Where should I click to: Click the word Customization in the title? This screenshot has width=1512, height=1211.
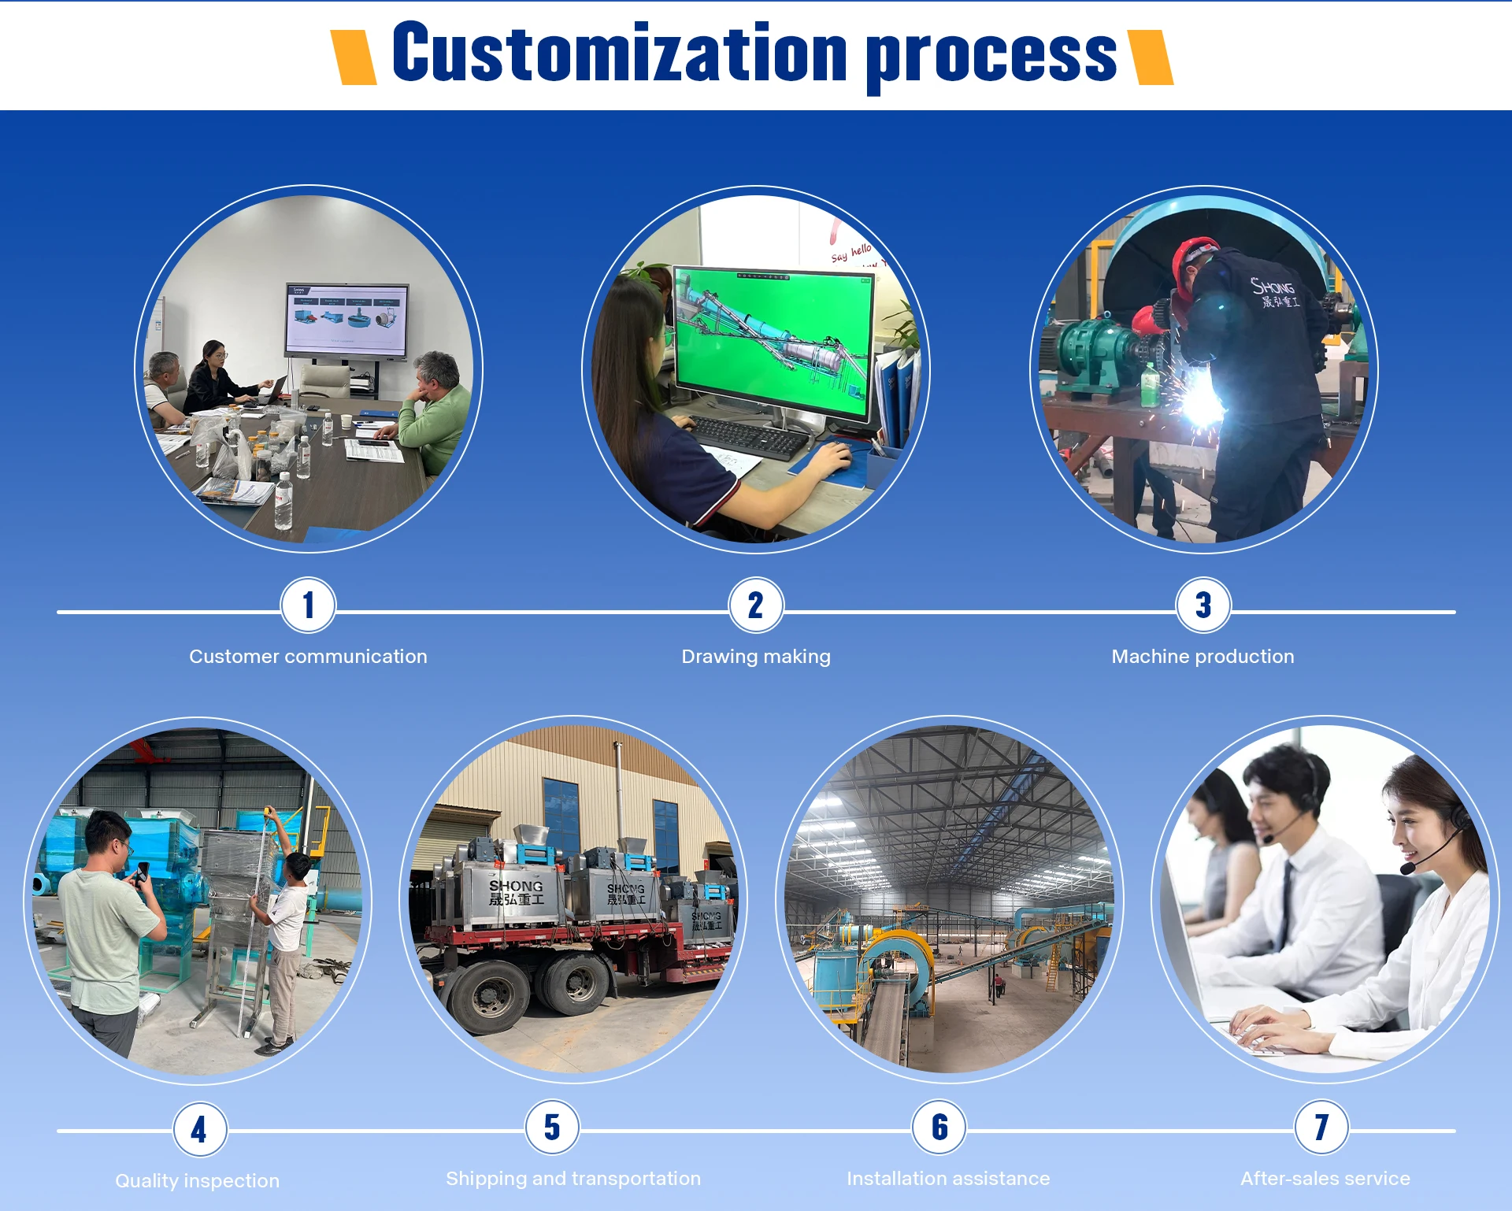click(x=620, y=54)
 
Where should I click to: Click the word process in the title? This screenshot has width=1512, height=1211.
click(x=991, y=57)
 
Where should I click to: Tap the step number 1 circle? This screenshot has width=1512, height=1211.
click(x=308, y=605)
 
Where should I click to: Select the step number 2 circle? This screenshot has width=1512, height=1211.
click(x=755, y=605)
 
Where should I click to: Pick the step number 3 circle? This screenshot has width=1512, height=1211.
click(x=1203, y=605)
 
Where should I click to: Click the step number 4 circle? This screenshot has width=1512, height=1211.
click(x=200, y=1129)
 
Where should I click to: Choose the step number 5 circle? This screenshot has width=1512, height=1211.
click(x=552, y=1128)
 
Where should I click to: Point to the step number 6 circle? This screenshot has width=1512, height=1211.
click(x=939, y=1128)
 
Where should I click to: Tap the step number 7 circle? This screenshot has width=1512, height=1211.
click(x=1321, y=1128)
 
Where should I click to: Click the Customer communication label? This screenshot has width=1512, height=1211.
click(x=308, y=657)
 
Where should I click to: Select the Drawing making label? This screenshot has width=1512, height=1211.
click(x=755, y=657)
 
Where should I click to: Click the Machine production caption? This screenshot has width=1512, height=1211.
click(x=1203, y=657)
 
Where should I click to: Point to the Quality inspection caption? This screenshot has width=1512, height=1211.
click(x=197, y=1181)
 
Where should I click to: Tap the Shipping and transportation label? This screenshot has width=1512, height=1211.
click(x=573, y=1179)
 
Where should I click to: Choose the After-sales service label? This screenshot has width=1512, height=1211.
click(x=1325, y=1179)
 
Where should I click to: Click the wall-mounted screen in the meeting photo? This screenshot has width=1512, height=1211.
click(x=346, y=320)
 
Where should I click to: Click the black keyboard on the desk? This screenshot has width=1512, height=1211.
click(x=748, y=437)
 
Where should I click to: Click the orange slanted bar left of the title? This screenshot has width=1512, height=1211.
click(x=354, y=57)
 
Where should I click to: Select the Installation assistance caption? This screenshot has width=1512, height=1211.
click(x=948, y=1179)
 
